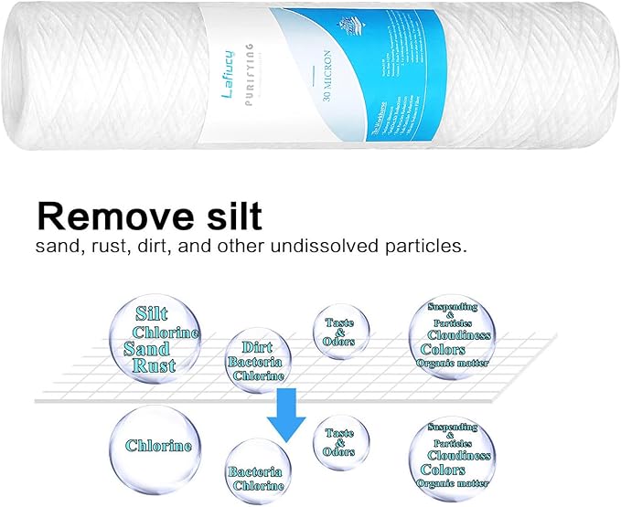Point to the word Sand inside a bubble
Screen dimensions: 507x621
pos(147,349)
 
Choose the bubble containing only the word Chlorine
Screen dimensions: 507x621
pos(159,446)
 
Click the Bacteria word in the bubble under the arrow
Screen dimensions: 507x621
pos(254,472)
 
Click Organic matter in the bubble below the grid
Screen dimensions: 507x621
pos(452,482)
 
